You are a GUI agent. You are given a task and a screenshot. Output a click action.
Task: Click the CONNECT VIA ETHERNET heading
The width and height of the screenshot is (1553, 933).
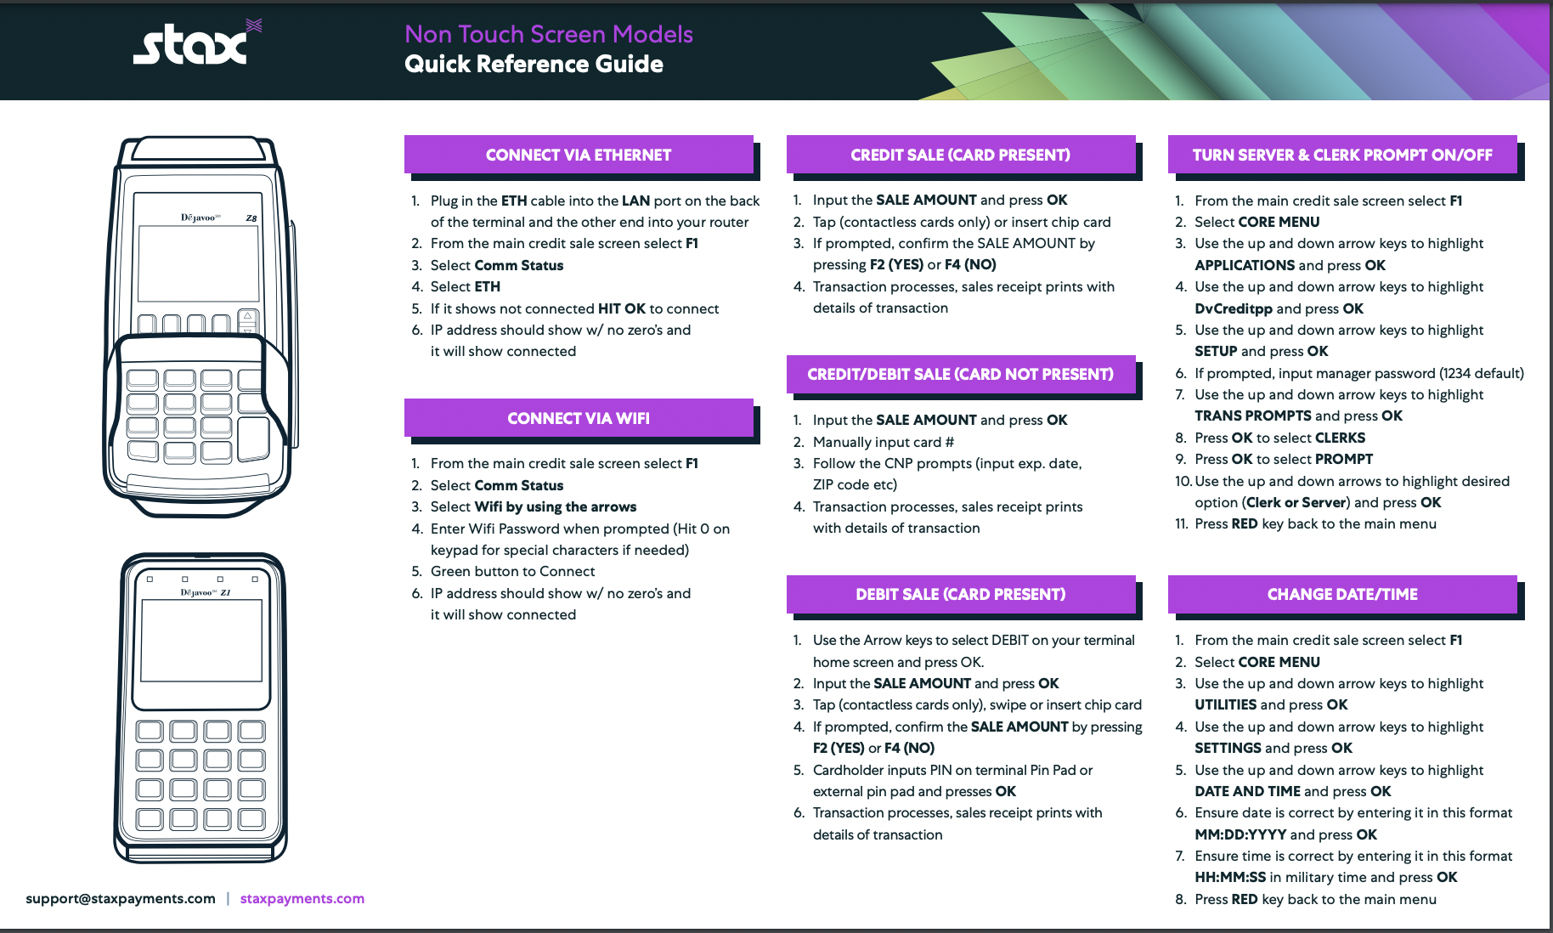tap(579, 155)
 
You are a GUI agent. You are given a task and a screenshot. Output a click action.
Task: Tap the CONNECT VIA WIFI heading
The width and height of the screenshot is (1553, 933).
tap(579, 418)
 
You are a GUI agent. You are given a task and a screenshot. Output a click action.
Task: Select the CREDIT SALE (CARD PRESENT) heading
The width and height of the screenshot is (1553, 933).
tap(960, 155)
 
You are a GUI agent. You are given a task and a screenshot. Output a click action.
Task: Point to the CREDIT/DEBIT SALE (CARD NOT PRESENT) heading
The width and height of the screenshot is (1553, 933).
tap(960, 374)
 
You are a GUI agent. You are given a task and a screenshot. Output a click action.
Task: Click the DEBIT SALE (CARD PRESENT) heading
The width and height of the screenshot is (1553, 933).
tap(960, 594)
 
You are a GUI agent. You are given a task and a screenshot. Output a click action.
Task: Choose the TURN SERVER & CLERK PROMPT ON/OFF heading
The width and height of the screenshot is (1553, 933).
tap(1342, 155)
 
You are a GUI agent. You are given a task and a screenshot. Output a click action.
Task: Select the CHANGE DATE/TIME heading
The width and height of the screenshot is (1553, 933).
tap(1342, 594)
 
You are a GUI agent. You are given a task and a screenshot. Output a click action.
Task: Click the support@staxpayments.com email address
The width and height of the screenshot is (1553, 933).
tap(121, 898)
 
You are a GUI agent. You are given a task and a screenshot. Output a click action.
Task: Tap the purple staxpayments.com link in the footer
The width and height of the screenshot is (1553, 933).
tap(302, 898)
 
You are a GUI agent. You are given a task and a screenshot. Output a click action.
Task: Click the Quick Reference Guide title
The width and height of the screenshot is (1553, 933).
tap(534, 64)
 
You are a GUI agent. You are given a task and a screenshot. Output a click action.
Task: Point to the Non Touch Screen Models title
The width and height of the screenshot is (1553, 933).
tap(549, 34)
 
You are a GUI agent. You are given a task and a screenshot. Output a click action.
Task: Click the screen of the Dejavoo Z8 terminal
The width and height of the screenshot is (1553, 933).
tap(198, 263)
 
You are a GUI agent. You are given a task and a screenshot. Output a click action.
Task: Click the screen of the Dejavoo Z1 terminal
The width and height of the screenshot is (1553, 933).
tap(201, 640)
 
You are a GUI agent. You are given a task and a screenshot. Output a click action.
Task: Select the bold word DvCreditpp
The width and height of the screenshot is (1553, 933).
tap(1234, 308)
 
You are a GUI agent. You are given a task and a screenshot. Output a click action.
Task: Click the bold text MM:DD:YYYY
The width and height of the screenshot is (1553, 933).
tap(1240, 834)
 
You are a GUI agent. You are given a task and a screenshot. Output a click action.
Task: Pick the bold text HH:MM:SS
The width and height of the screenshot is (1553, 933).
tap(1230, 877)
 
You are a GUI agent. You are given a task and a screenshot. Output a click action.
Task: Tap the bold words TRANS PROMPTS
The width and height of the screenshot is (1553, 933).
tap(1253, 416)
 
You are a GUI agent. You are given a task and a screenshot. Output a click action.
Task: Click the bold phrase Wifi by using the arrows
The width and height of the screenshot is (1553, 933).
tap(556, 506)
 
